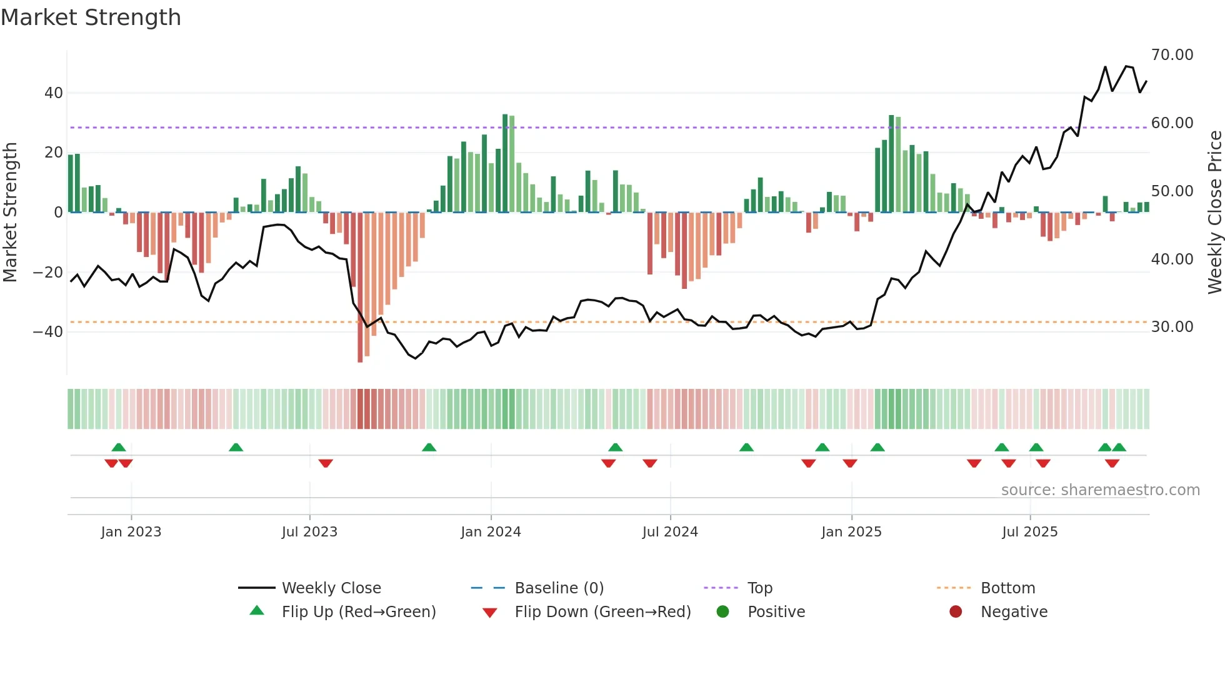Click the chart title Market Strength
(x=91, y=18)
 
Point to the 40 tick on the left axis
(x=53, y=93)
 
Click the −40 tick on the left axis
(x=48, y=332)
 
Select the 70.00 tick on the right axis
(x=1172, y=55)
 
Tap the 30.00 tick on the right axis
(x=1172, y=327)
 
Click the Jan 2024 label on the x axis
(x=491, y=532)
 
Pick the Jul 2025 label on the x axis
(x=1029, y=532)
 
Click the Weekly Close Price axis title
(x=1214, y=213)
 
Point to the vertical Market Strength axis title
(x=11, y=213)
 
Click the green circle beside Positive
(x=723, y=612)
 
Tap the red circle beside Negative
(x=956, y=612)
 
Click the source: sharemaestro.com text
(x=1100, y=490)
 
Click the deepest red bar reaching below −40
(x=360, y=288)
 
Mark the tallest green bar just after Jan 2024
(x=505, y=164)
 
